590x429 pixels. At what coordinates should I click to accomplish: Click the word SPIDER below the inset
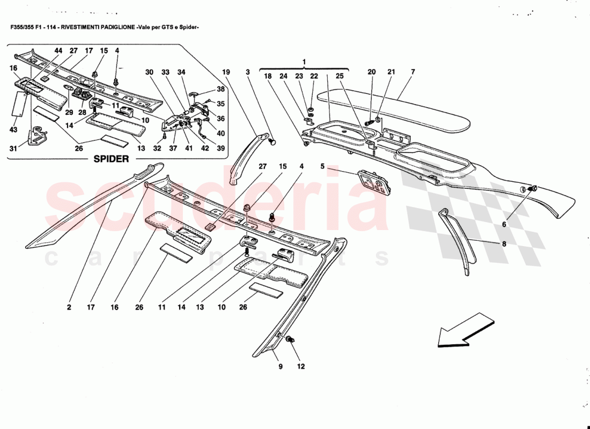pos(112,159)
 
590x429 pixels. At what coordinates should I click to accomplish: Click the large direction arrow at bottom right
pos(464,330)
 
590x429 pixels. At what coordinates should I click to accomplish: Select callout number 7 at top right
pos(412,72)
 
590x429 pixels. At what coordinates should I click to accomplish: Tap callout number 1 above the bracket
pos(304,62)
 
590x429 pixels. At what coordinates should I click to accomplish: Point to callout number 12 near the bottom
pos(301,366)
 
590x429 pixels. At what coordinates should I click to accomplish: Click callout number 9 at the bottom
pos(280,366)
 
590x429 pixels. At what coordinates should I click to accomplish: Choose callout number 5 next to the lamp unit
pos(322,167)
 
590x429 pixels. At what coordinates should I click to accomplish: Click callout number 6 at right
pos(504,225)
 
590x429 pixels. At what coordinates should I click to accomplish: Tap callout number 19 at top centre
pos(226,72)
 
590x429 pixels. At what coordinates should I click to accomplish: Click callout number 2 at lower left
pos(69,307)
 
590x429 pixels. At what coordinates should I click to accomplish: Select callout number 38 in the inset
pos(221,89)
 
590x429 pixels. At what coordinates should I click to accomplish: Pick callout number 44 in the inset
pos(58,50)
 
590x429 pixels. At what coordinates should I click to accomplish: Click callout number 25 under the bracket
pos(339,77)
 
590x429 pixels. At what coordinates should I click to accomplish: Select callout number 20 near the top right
pos(372,72)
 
